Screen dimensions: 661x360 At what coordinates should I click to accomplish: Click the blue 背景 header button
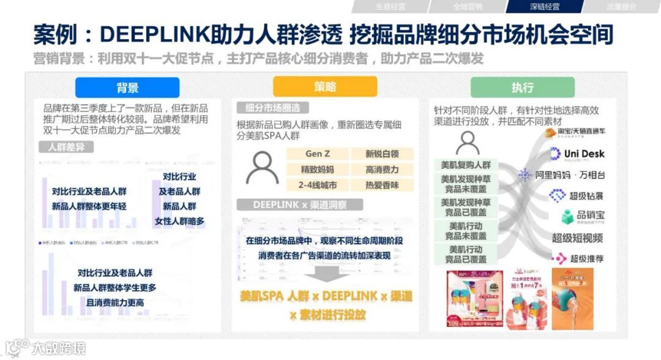pos(127,88)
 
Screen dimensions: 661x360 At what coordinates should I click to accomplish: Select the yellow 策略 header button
pos(325,87)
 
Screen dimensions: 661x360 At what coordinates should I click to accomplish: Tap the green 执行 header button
pos(522,88)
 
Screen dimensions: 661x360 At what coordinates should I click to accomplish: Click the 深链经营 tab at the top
pos(544,7)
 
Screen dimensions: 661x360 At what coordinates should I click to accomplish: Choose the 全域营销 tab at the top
pos(467,7)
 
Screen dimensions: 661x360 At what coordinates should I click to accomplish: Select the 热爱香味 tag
pos(382,185)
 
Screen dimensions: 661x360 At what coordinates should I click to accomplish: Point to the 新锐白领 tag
pos(382,154)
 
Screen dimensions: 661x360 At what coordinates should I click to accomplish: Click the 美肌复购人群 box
pos(466,165)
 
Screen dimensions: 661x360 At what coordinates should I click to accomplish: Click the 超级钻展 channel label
pos(584,196)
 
